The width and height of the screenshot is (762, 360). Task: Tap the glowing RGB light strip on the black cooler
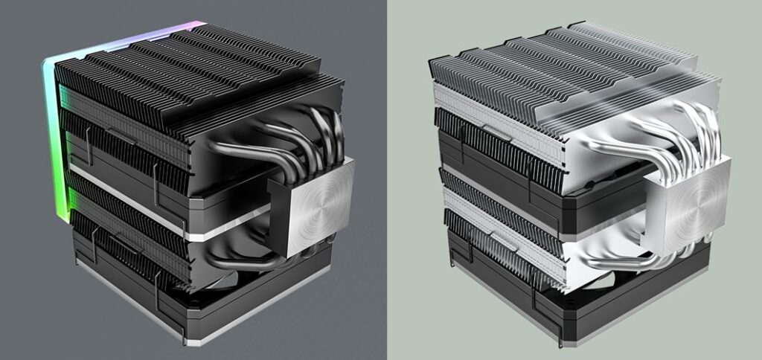pos(53,141)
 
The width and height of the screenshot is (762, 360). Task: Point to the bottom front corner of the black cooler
pos(182,338)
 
